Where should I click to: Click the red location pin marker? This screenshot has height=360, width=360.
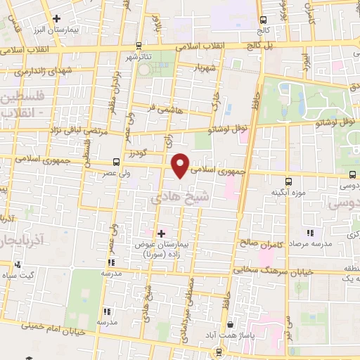181,165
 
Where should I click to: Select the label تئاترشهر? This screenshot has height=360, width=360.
139,56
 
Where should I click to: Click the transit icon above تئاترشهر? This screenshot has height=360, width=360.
139,45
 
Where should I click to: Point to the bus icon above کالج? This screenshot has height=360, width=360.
263,20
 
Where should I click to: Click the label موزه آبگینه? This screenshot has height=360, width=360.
287,191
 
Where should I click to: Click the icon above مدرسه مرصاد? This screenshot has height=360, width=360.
309,233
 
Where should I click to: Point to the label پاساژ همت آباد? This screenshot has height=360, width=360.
231,335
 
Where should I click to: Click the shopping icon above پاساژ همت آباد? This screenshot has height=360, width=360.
231,325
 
